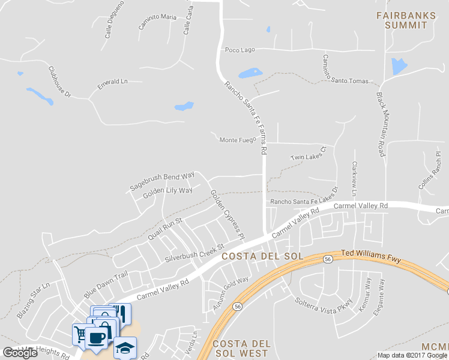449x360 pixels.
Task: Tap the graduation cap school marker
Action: [x=125, y=347]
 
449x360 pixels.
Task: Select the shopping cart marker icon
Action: [x=80, y=334]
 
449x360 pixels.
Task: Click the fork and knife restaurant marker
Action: [x=120, y=313]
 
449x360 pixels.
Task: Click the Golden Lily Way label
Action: [x=167, y=191]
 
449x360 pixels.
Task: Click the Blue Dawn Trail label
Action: [x=106, y=284]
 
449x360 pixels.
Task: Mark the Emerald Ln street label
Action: [x=113, y=85]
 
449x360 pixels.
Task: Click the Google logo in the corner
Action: [x=20, y=353]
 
